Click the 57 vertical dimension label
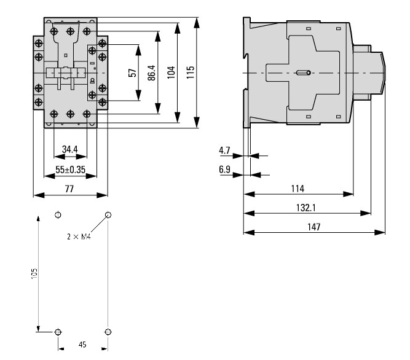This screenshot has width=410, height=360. point(132,72)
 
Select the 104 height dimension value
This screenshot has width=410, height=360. point(171,72)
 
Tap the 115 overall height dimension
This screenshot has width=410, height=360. point(191,72)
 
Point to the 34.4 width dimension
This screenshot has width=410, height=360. point(71,149)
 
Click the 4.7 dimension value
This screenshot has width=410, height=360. point(225,150)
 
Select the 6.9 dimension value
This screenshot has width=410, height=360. point(225,168)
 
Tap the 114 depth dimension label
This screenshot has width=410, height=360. point(298,188)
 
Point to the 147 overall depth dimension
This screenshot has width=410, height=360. point(313,227)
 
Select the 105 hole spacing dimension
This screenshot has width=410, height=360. point(35,273)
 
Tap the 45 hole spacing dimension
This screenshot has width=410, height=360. point(82,345)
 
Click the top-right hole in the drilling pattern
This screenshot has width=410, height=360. point(108,215)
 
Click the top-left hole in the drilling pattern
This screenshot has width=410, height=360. point(58,215)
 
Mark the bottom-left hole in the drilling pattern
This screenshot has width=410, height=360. point(58,332)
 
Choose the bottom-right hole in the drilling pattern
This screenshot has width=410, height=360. point(108,332)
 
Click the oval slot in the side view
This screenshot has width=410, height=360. point(303,73)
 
